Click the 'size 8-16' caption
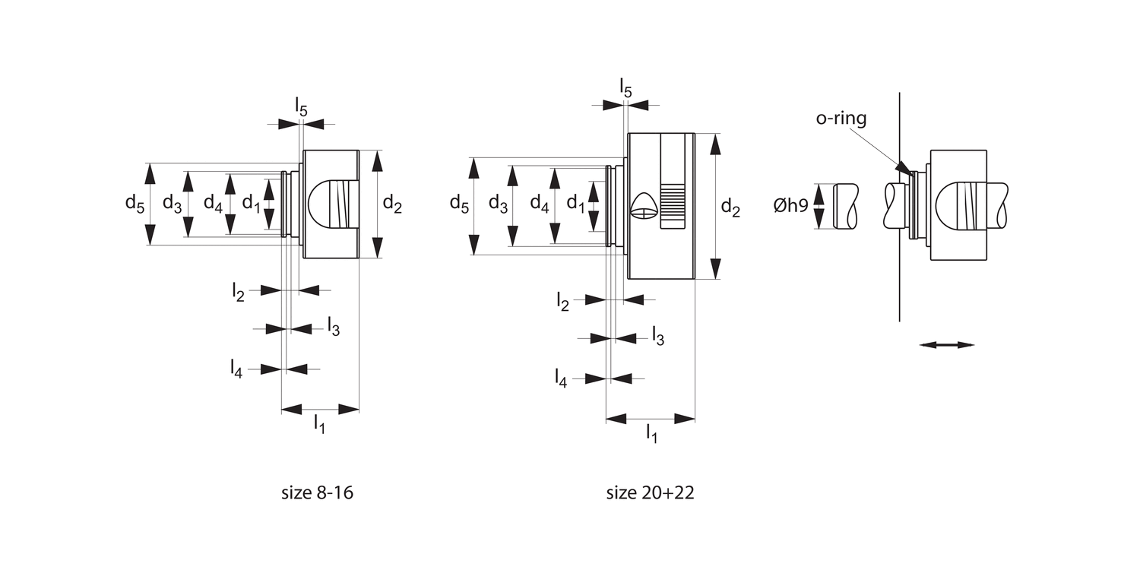317,492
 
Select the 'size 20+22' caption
650,492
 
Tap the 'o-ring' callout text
841,118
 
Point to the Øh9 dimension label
791,205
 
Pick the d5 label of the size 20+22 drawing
459,204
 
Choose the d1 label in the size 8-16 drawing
251,204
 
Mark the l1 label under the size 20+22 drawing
651,434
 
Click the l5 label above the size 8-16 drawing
301,107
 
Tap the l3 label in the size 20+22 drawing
658,337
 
